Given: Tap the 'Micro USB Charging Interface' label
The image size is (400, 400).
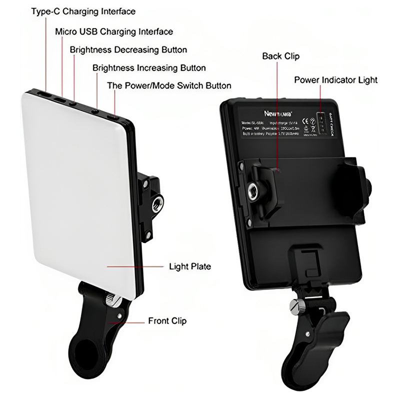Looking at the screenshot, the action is pos(114,31).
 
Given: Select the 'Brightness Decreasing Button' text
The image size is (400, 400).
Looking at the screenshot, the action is pos(128,49).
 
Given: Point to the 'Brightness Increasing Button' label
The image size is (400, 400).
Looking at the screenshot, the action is pos(149,67).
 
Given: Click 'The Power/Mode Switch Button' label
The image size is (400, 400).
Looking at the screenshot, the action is pos(169,85).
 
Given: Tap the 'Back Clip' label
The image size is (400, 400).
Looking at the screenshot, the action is pos(280,56).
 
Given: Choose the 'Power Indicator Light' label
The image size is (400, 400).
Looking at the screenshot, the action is pos(335,79).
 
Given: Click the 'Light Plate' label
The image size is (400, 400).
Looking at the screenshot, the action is pos(190,266).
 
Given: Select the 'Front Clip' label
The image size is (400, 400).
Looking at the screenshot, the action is pos(167,320).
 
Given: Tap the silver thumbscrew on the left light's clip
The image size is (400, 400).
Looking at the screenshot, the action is pos(112,301).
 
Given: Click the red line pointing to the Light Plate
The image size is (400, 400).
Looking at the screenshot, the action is pos(135,266).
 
